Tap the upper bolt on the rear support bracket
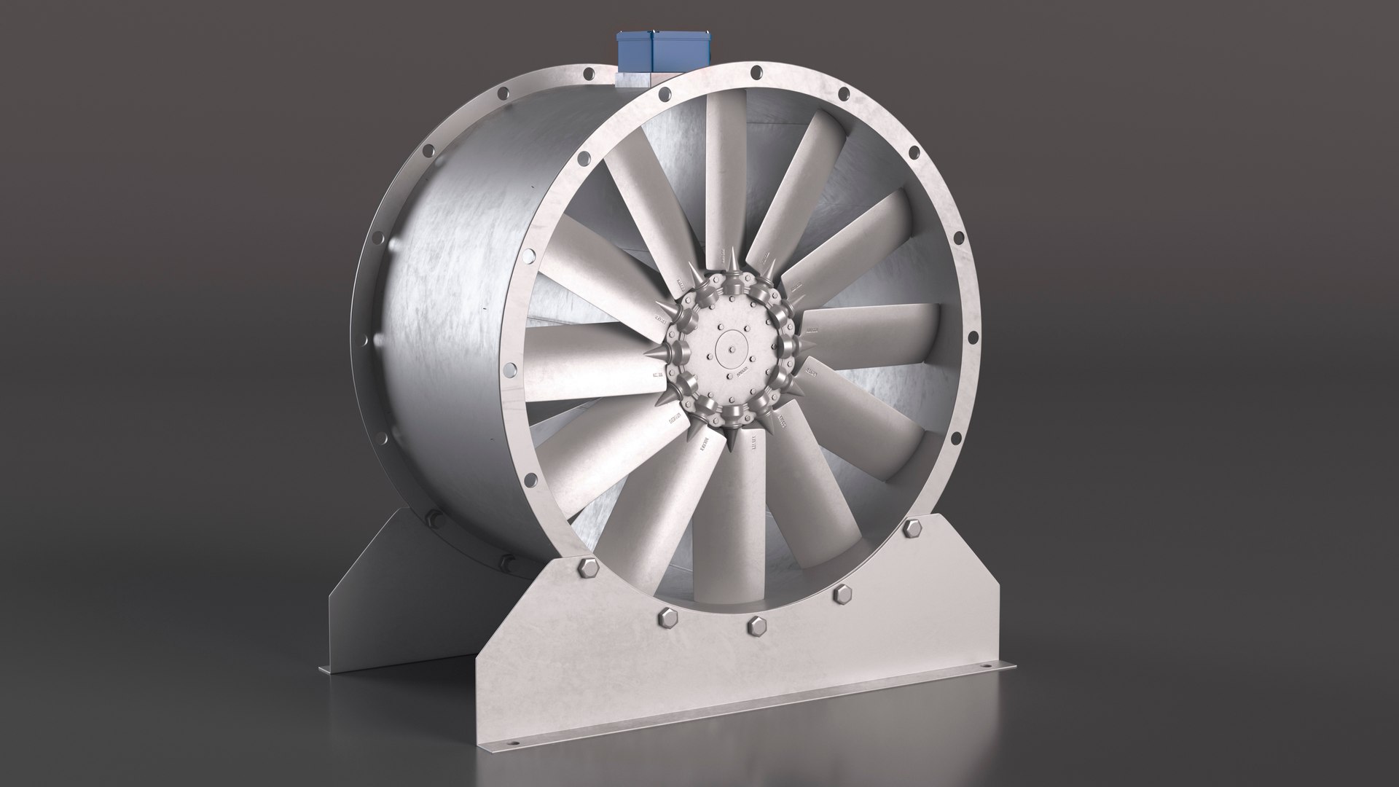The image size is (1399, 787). click(434, 519)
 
